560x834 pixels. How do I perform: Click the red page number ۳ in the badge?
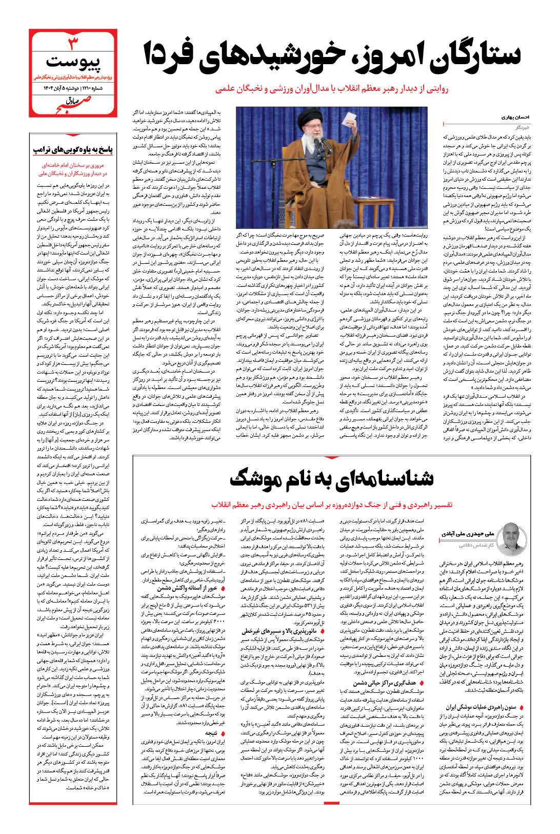tap(74, 41)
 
